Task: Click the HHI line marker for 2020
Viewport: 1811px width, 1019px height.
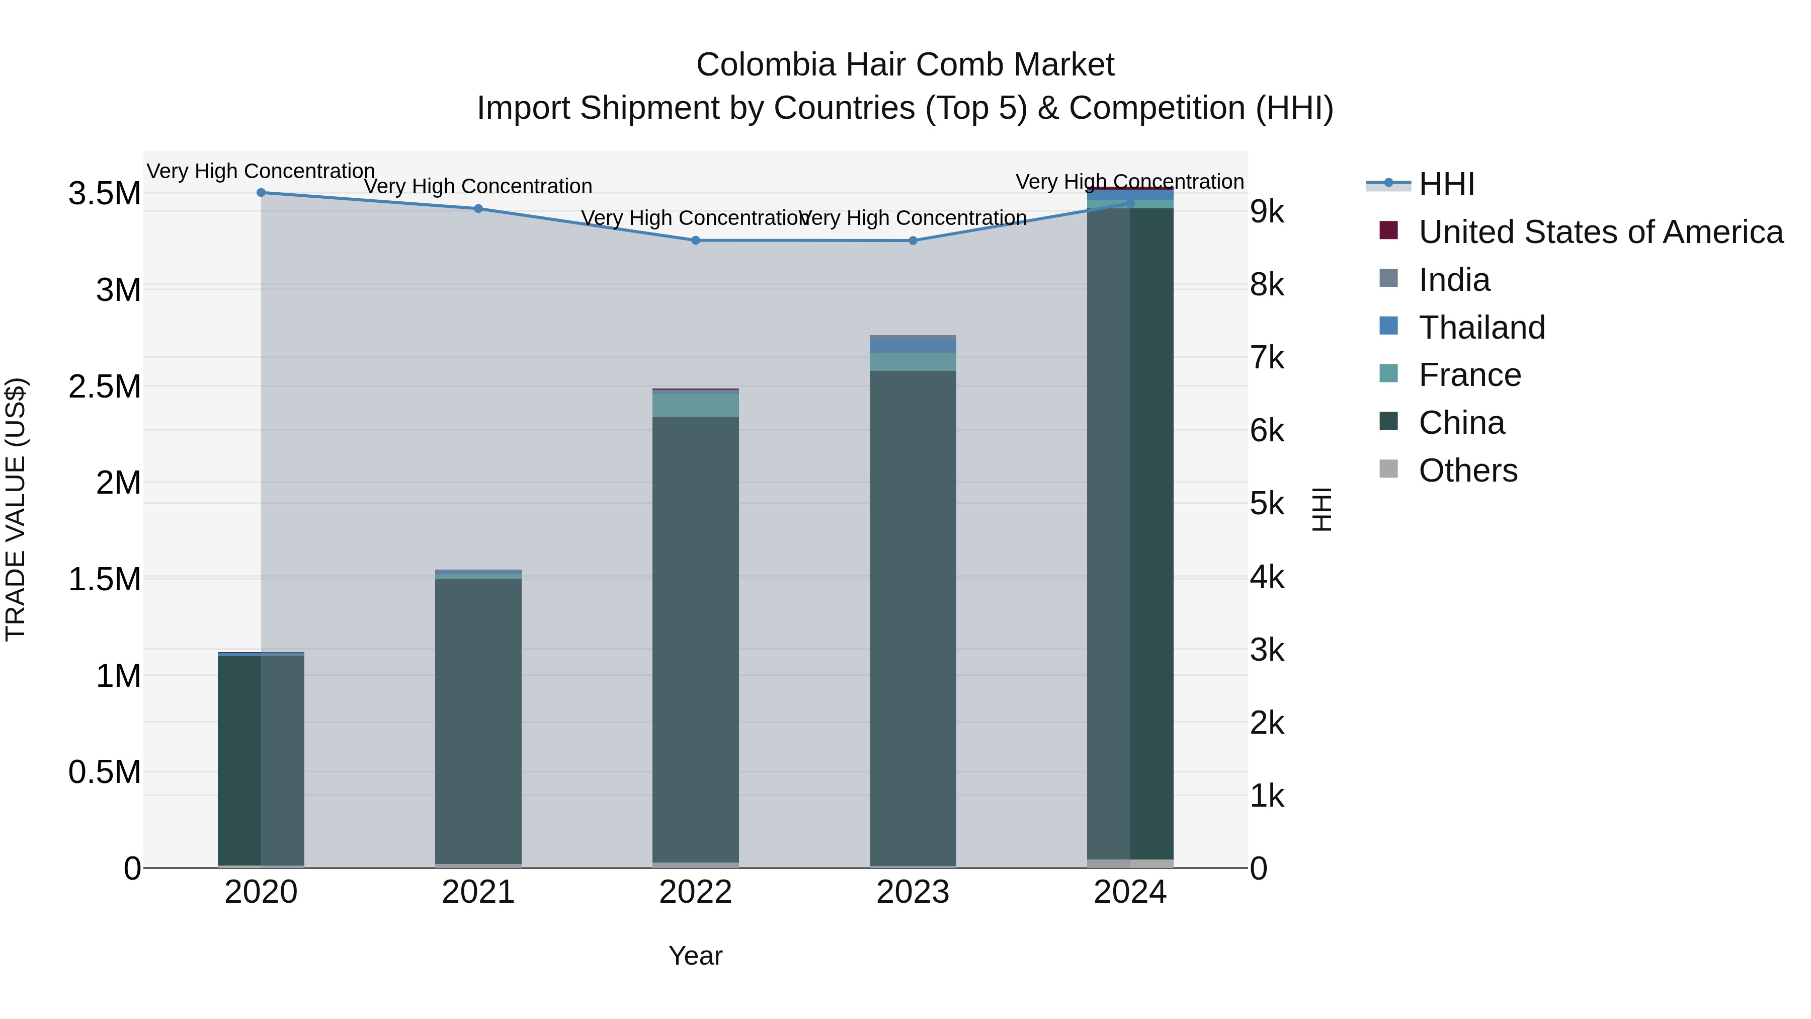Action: coord(261,192)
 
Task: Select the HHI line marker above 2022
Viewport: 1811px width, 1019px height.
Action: coord(695,241)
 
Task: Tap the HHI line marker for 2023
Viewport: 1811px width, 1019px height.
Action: coord(913,241)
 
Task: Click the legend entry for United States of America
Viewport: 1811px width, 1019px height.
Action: coord(1601,232)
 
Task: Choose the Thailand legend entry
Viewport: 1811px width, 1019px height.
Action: coord(1481,328)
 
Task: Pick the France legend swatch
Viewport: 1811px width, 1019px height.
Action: coord(1388,373)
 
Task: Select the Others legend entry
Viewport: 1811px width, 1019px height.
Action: coord(1467,471)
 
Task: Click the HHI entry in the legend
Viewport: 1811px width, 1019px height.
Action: coord(1446,184)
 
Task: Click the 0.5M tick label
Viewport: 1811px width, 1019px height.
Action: coord(105,772)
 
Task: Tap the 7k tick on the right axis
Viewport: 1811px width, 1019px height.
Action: coord(1267,358)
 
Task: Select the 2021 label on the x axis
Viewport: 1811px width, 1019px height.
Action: coord(478,892)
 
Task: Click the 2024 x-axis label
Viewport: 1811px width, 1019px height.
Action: coord(1130,892)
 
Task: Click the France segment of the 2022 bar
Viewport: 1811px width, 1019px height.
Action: coord(695,405)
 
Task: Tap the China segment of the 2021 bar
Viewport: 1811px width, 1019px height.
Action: coord(478,717)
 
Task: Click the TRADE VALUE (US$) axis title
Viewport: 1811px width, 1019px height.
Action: coord(16,509)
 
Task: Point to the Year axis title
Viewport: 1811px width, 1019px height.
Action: coord(695,956)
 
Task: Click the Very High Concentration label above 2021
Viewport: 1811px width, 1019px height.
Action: coord(478,186)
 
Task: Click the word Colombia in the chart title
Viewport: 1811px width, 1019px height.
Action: coord(766,65)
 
